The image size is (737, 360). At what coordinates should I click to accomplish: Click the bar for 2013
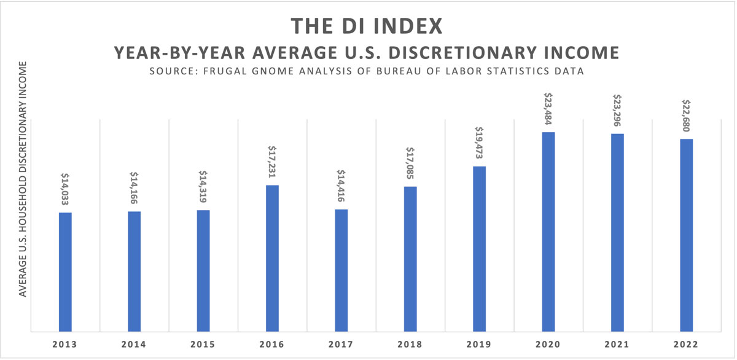coord(65,272)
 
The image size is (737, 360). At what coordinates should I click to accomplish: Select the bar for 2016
coord(272,259)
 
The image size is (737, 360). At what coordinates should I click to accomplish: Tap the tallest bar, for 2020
coord(548,232)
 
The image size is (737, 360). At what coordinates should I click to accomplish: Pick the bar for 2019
coord(479,249)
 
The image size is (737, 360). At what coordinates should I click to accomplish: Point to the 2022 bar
coord(686,235)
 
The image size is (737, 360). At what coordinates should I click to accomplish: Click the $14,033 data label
coord(65,189)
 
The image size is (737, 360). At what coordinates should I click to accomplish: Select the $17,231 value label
coord(272,162)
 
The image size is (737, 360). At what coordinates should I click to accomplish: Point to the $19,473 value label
coord(479,143)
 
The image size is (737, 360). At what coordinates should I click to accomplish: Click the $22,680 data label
coord(686,115)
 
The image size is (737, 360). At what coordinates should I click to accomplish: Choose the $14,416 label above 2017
coord(341,186)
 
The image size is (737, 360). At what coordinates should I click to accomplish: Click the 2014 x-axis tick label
coord(134,345)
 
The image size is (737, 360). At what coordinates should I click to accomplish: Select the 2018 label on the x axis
coord(410,345)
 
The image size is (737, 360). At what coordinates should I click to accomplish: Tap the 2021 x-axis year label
coord(617,345)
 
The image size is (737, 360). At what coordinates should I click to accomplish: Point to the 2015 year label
coord(203,345)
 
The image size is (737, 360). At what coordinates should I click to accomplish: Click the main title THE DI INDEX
coord(367,26)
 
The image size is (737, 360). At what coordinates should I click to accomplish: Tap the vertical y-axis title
coord(23,179)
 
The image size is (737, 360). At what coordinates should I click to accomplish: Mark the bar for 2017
coord(341,271)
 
